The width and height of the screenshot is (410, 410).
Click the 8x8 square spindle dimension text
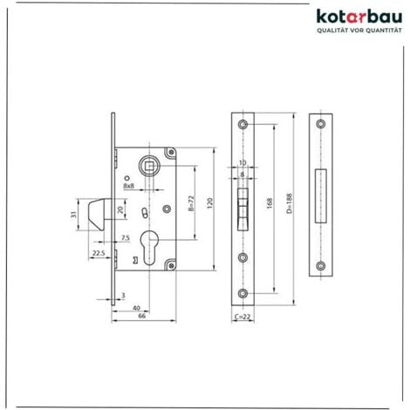[x=129, y=185]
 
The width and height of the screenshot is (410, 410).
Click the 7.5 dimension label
[x=126, y=238]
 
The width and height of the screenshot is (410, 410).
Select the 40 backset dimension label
[x=135, y=307]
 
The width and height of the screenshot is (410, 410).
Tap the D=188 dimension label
[x=289, y=208]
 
